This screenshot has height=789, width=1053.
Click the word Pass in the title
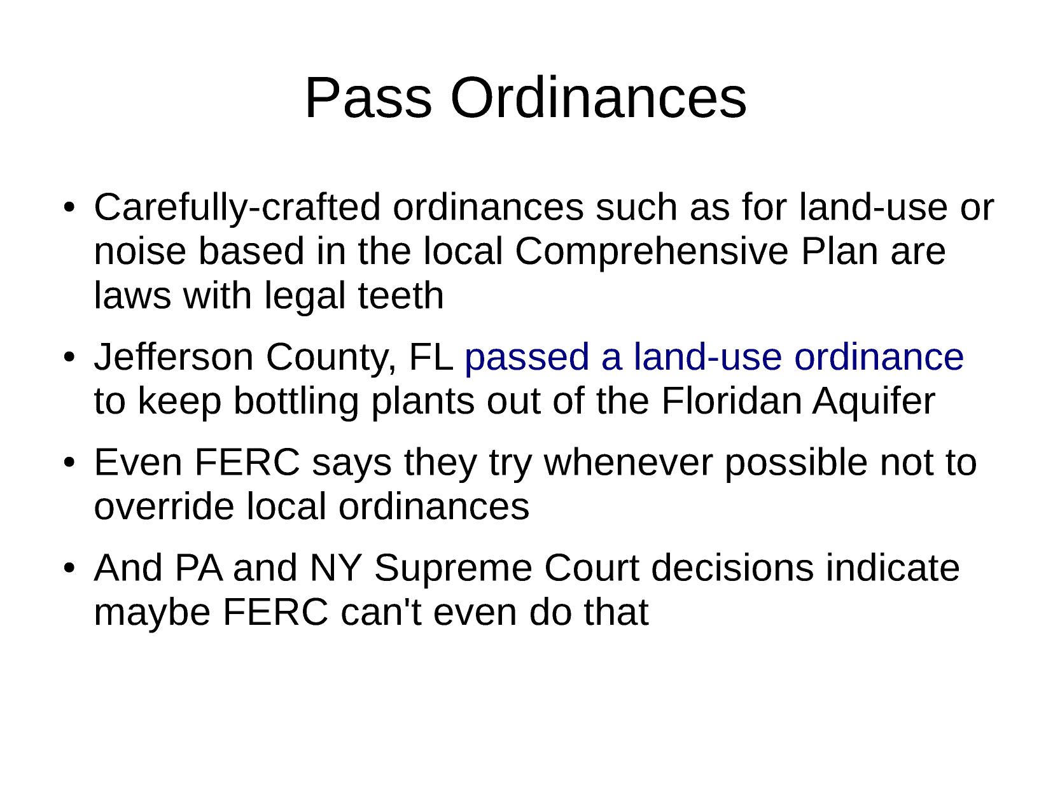(368, 98)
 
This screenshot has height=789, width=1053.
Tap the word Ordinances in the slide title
(598, 98)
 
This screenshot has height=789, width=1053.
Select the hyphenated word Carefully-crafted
(237, 208)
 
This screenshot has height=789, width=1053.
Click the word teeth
(401, 295)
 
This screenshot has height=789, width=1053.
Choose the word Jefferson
(174, 357)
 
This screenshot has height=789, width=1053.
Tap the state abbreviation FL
(431, 357)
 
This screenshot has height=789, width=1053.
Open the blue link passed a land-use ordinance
(714, 358)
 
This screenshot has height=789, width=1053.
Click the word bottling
(296, 402)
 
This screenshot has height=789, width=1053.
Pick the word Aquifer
(874, 402)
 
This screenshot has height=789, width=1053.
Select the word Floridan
(731, 401)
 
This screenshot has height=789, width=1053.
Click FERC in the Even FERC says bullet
(247, 463)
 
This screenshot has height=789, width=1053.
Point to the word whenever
(628, 463)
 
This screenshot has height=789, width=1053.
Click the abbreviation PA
(199, 568)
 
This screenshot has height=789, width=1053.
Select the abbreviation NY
(335, 568)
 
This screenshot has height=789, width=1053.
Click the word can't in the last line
(381, 612)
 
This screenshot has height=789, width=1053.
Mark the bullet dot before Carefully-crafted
(69, 208)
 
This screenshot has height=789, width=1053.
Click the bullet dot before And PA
(69, 568)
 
